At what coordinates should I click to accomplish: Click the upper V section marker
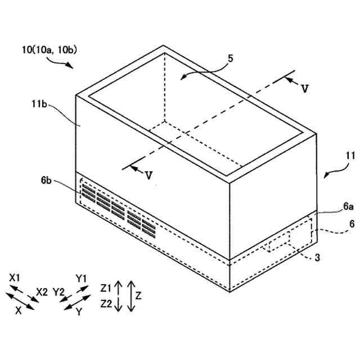click(x=304, y=88)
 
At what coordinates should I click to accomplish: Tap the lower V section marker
click(x=148, y=175)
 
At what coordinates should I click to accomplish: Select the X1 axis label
click(x=15, y=278)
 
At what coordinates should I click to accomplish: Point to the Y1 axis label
click(x=82, y=278)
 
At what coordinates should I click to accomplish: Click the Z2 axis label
click(x=106, y=304)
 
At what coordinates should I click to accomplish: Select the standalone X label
click(x=19, y=310)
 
